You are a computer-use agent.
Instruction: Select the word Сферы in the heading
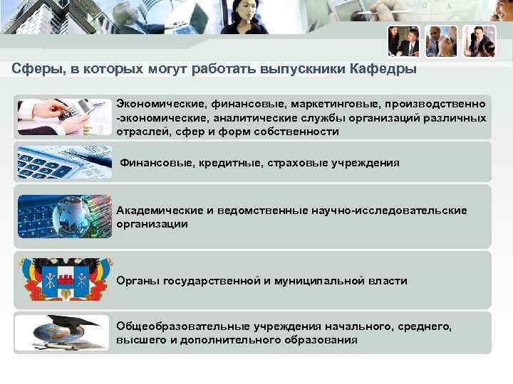click(x=33, y=70)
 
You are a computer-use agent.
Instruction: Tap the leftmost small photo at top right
click(x=403, y=41)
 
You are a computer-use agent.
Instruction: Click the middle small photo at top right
click(x=441, y=41)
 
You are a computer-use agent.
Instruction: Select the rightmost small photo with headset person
click(x=479, y=41)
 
